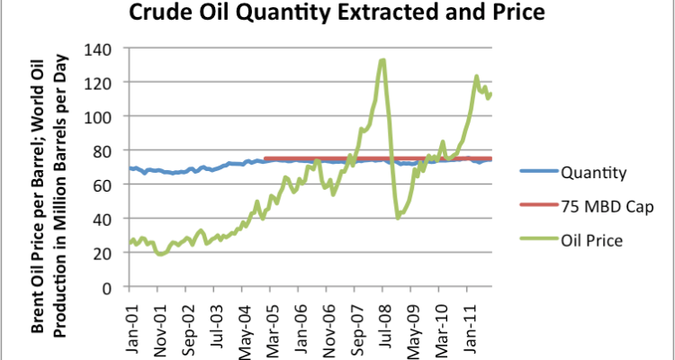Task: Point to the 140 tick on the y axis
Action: tap(106, 49)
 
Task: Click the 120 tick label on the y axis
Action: tap(106, 83)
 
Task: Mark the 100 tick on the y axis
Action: tap(106, 117)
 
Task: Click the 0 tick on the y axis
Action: tap(113, 287)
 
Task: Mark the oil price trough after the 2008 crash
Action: tap(398, 217)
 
